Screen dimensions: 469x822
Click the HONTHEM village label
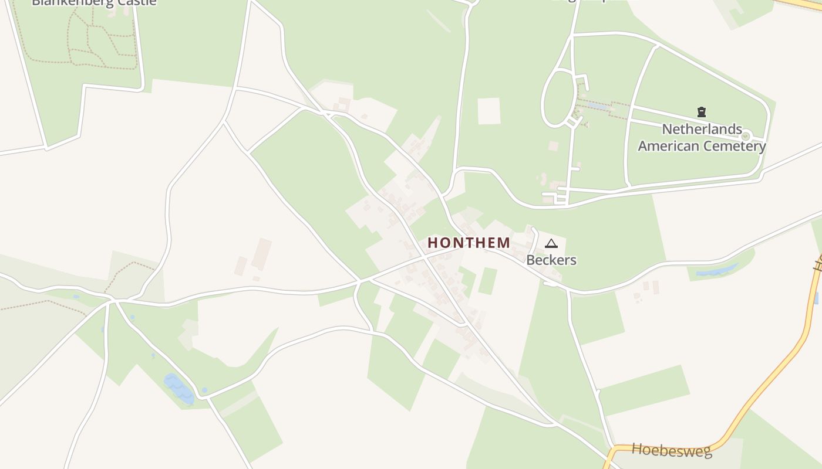click(469, 242)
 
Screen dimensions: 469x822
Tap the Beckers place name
click(551, 260)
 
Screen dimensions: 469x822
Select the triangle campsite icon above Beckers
click(551, 243)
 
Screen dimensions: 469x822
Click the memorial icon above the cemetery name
click(701, 111)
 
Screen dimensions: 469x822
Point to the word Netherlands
click(702, 129)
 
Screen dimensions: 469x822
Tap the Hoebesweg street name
click(672, 450)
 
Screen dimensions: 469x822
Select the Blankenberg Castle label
click(94, 2)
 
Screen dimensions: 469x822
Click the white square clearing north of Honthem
click(489, 111)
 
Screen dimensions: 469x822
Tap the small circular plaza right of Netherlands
click(746, 136)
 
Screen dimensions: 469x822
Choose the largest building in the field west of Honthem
click(261, 254)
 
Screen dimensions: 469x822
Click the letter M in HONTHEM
click(504, 242)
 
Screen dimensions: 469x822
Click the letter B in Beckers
click(530, 260)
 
